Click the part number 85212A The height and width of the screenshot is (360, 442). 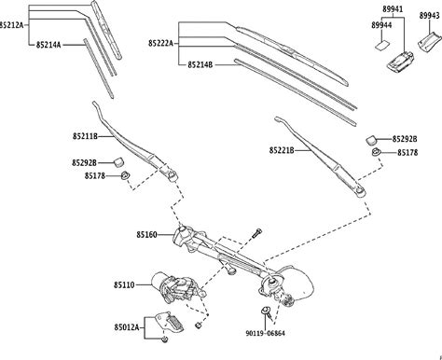(x=11, y=25)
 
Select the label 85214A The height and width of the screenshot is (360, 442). (x=48, y=45)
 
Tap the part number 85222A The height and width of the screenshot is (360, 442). (x=160, y=43)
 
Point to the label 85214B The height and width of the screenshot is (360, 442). (x=200, y=65)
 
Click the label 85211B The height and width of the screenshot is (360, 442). (x=85, y=136)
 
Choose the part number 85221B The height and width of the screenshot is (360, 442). (x=282, y=150)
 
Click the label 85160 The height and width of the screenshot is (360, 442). (x=146, y=234)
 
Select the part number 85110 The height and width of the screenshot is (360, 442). (x=124, y=284)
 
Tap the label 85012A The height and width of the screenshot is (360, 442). (x=126, y=327)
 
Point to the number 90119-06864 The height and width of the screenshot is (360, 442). (x=265, y=333)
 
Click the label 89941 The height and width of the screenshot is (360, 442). (x=393, y=9)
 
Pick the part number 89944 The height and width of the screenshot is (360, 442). (x=381, y=25)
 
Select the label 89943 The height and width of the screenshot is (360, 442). (x=429, y=16)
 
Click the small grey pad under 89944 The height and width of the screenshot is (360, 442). (x=381, y=46)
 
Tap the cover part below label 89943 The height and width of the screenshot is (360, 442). (x=429, y=43)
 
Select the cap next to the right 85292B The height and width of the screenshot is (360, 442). (x=371, y=140)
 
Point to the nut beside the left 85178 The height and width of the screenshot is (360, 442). (x=125, y=175)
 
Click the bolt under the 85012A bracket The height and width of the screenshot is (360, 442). (x=165, y=339)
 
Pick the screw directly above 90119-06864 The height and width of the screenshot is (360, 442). (x=267, y=312)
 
